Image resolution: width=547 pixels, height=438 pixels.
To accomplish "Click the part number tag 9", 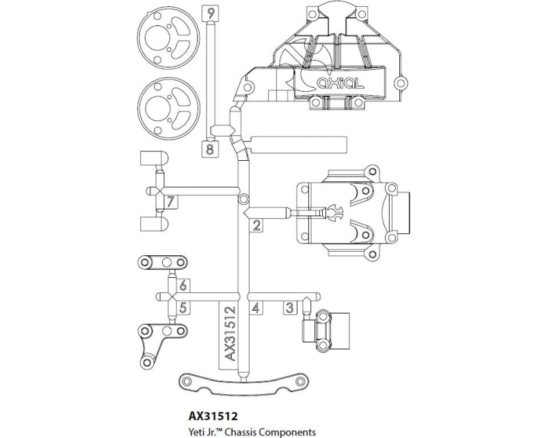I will [210, 13].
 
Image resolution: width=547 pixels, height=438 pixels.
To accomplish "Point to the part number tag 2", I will [256, 226].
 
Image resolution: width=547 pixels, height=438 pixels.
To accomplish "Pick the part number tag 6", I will [183, 285].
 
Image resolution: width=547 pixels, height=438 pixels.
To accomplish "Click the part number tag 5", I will [183, 308].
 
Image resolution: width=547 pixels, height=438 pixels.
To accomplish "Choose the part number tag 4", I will [256, 308].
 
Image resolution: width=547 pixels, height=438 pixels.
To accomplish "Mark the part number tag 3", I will [290, 308].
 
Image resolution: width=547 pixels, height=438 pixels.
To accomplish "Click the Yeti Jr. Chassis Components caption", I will [251, 431].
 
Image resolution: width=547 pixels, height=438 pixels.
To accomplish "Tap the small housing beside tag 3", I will [325, 330].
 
